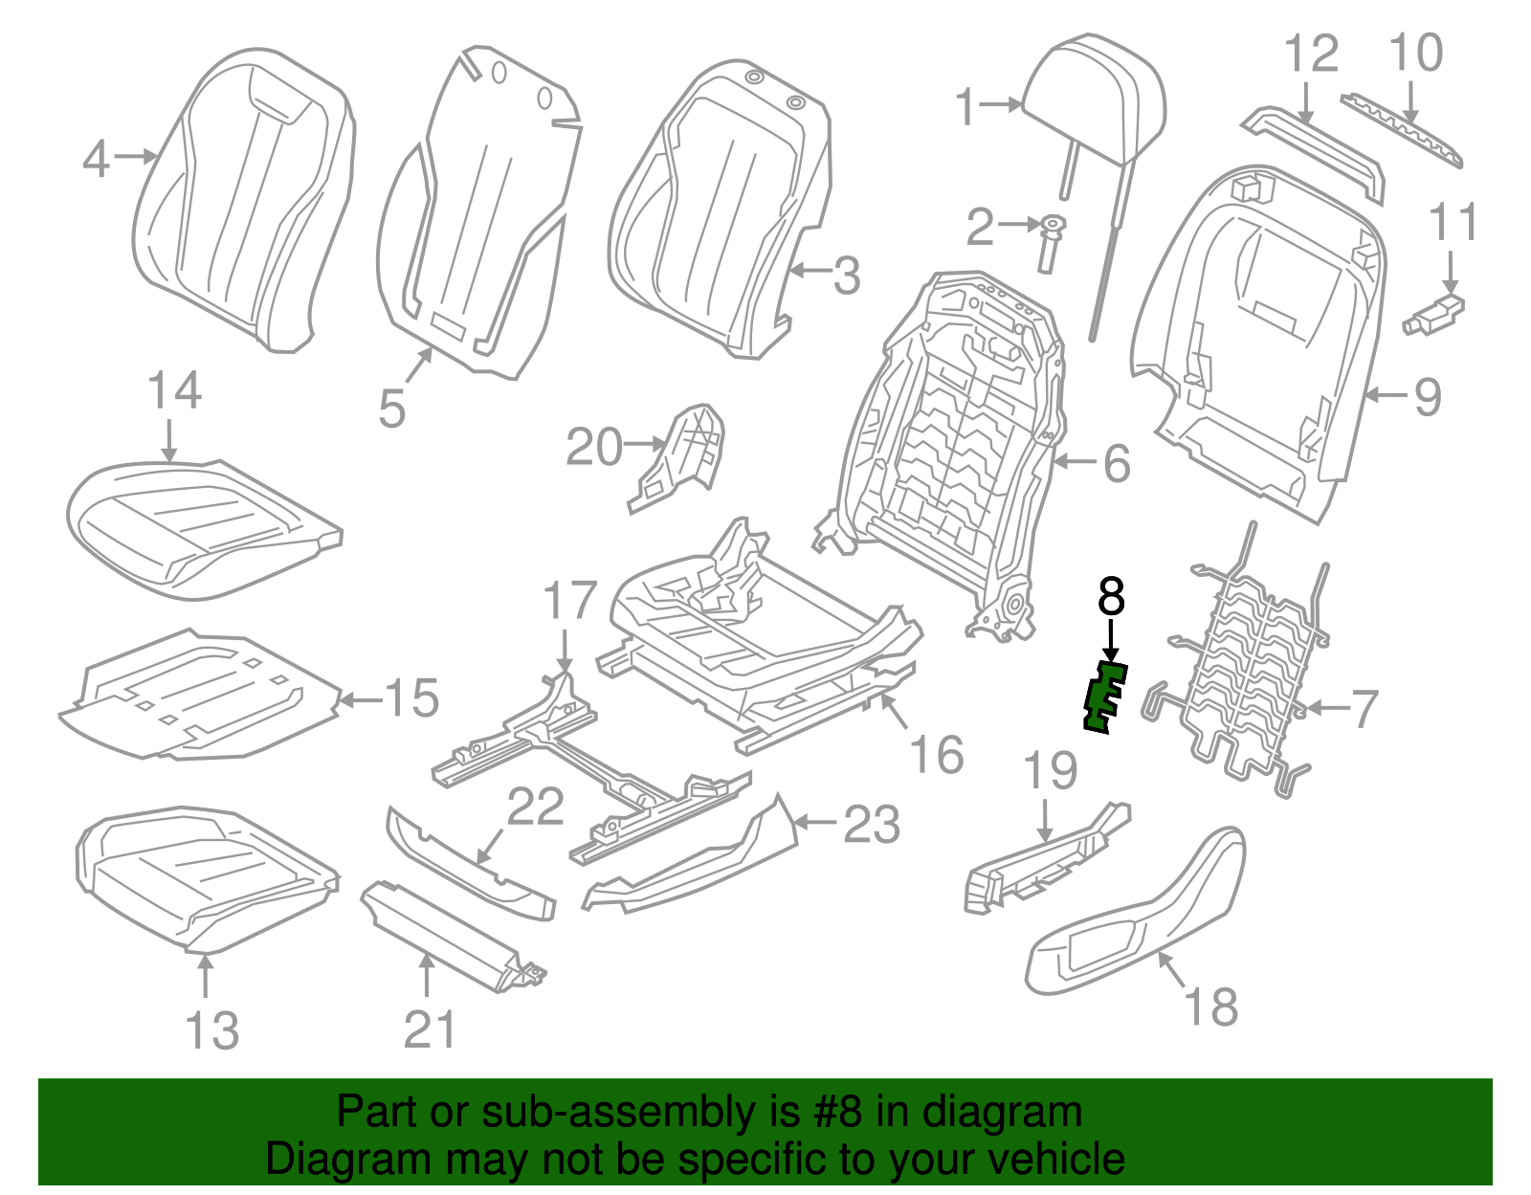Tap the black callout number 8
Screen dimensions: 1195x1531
click(1110, 597)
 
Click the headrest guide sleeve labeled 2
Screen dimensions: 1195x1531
click(1051, 244)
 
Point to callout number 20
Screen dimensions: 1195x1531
click(593, 447)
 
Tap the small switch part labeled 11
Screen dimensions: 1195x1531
click(1435, 314)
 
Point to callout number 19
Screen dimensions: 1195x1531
click(1051, 771)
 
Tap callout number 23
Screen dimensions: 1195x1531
click(871, 825)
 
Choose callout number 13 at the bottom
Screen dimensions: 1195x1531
click(211, 1030)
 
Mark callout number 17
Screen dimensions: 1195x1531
click(569, 601)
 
